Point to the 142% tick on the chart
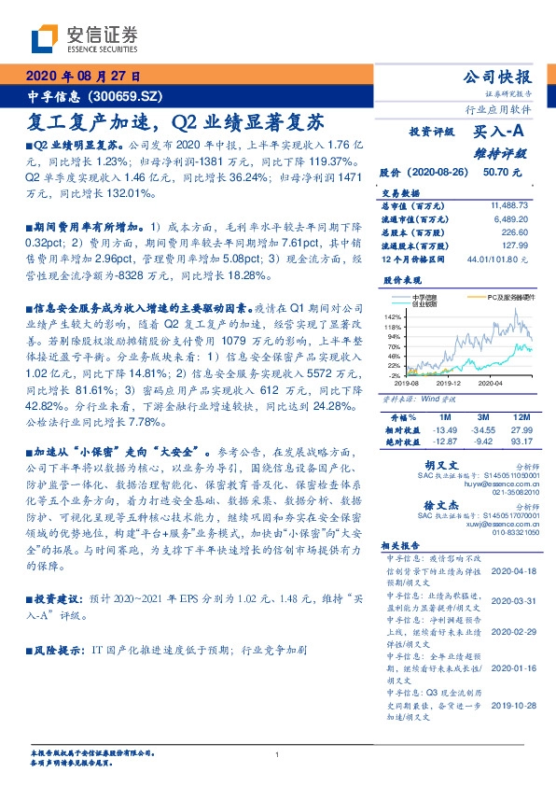tap(392, 317)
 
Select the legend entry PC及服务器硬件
tap(505, 298)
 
